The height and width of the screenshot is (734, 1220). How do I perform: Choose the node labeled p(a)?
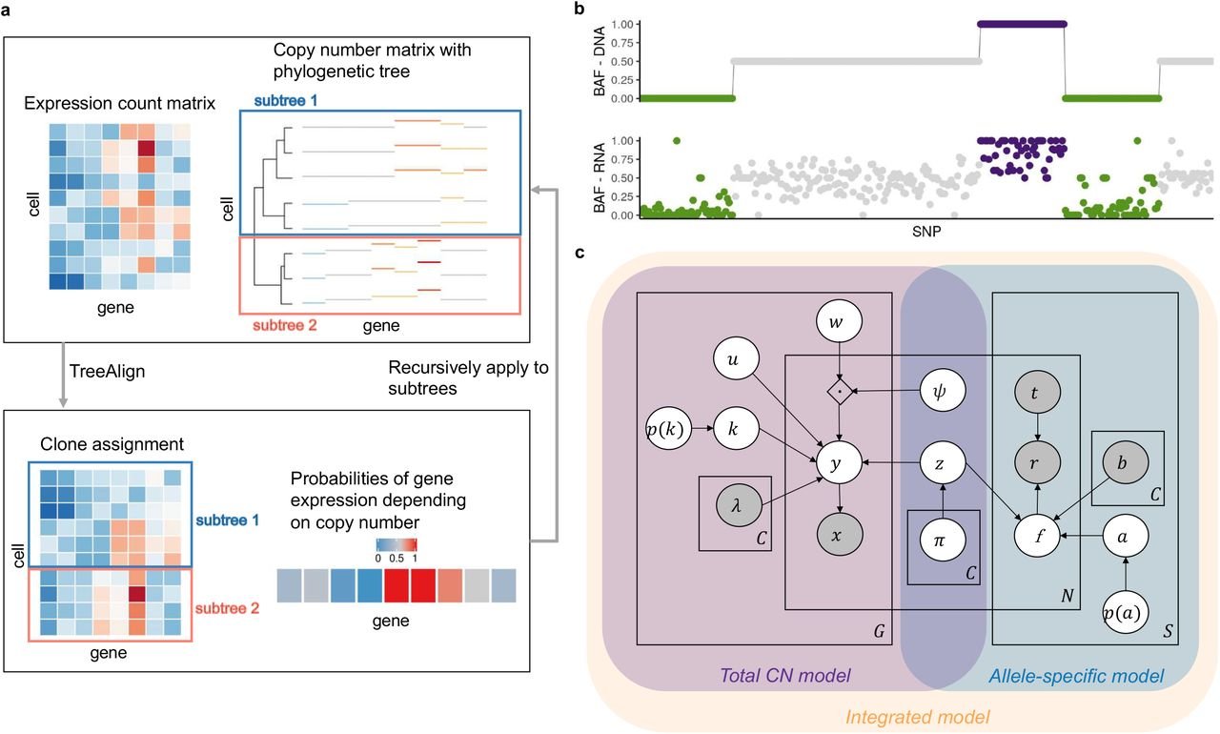tap(1126, 611)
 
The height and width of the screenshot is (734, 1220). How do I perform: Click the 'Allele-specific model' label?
tap(1074, 676)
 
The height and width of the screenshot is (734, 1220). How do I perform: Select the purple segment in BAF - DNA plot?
tap(1023, 24)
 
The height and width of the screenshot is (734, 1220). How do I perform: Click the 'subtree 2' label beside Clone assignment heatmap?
tap(232, 607)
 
